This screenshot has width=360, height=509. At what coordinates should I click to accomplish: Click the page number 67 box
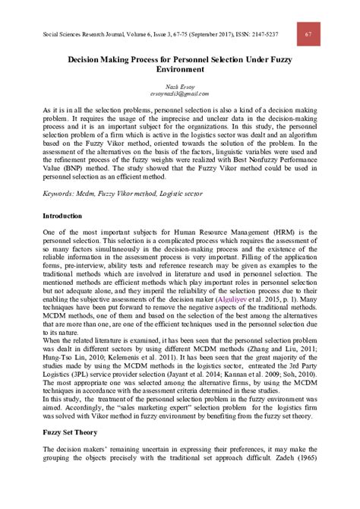click(x=308, y=34)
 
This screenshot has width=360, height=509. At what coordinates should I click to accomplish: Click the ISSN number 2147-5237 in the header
click(x=258, y=35)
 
